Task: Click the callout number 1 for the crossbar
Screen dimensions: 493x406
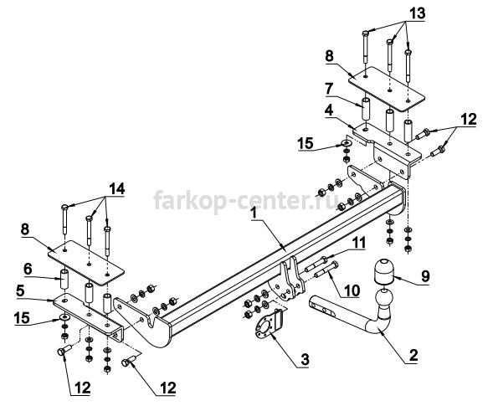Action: (254, 213)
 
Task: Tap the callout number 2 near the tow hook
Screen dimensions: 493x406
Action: (413, 356)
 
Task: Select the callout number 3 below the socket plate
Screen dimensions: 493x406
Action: (305, 359)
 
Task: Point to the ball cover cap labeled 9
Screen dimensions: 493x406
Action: (383, 270)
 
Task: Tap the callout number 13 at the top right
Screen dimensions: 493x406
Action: (417, 13)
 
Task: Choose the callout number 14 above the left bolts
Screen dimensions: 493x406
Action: (117, 188)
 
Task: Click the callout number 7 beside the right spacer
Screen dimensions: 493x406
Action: (329, 89)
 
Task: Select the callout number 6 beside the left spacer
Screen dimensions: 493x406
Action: (28, 269)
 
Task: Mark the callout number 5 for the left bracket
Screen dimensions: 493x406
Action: (20, 291)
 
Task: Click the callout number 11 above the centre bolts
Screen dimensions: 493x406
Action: (358, 243)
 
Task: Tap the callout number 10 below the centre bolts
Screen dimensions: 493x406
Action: (352, 291)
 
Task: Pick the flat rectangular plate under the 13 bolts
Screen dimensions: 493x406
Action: (387, 89)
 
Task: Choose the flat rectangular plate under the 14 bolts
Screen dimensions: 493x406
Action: (86, 263)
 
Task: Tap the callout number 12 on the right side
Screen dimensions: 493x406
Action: (469, 120)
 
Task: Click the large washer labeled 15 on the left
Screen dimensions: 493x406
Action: (64, 317)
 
